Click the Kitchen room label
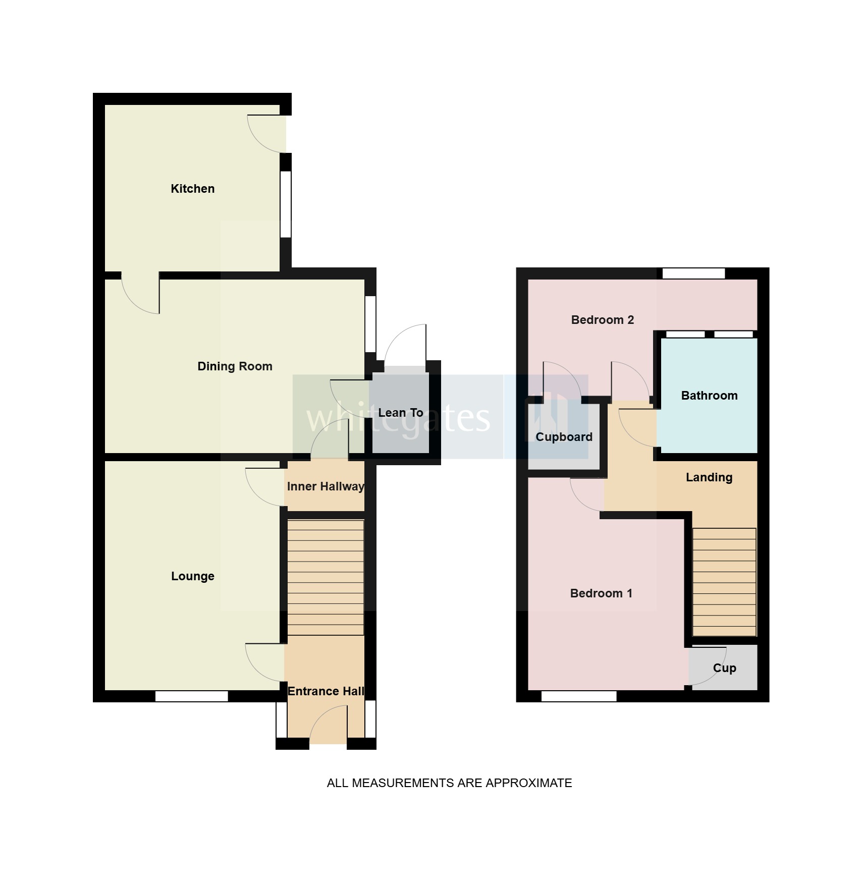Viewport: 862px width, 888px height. [192, 189]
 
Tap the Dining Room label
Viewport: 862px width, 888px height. [235, 366]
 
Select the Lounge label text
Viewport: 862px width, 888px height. [192, 576]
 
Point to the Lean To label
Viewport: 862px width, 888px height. [401, 413]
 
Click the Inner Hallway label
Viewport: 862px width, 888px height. [326, 486]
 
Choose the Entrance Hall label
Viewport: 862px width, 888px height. [326, 691]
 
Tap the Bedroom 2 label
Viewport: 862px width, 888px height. [602, 320]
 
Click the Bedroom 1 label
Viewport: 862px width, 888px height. [601, 593]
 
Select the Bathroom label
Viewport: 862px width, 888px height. [709, 396]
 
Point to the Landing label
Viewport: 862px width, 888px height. [709, 477]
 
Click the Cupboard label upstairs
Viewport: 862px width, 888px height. [564, 437]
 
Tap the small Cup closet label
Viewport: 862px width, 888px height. [724, 668]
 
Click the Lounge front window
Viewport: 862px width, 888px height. [191, 696]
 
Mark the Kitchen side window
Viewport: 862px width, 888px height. [286, 204]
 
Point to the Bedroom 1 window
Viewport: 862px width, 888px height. [579, 696]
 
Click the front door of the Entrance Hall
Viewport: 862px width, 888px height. [328, 727]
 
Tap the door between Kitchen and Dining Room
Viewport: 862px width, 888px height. [140, 293]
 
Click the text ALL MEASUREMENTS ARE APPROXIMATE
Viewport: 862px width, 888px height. [449, 783]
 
